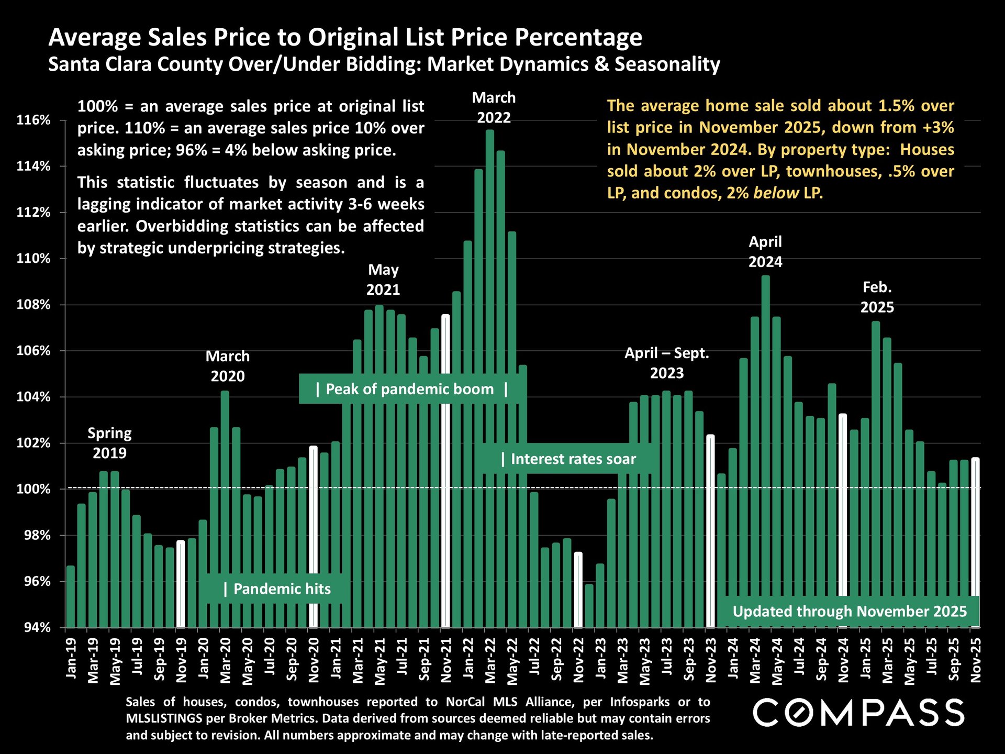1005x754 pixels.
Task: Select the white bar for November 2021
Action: (445, 471)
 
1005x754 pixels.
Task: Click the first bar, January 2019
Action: (71, 597)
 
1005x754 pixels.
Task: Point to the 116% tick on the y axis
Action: (33, 120)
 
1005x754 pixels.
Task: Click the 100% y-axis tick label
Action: (33, 489)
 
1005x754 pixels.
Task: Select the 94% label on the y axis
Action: (37, 627)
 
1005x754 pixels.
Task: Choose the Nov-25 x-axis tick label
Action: (976, 660)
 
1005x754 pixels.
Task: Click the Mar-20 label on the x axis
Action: (225, 660)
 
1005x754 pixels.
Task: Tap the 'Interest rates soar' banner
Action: (568, 459)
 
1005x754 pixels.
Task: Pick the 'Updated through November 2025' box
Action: (849, 612)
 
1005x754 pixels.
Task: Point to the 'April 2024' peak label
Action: (765, 252)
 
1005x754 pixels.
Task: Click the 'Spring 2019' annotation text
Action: (109, 443)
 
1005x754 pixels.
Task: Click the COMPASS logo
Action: (858, 712)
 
